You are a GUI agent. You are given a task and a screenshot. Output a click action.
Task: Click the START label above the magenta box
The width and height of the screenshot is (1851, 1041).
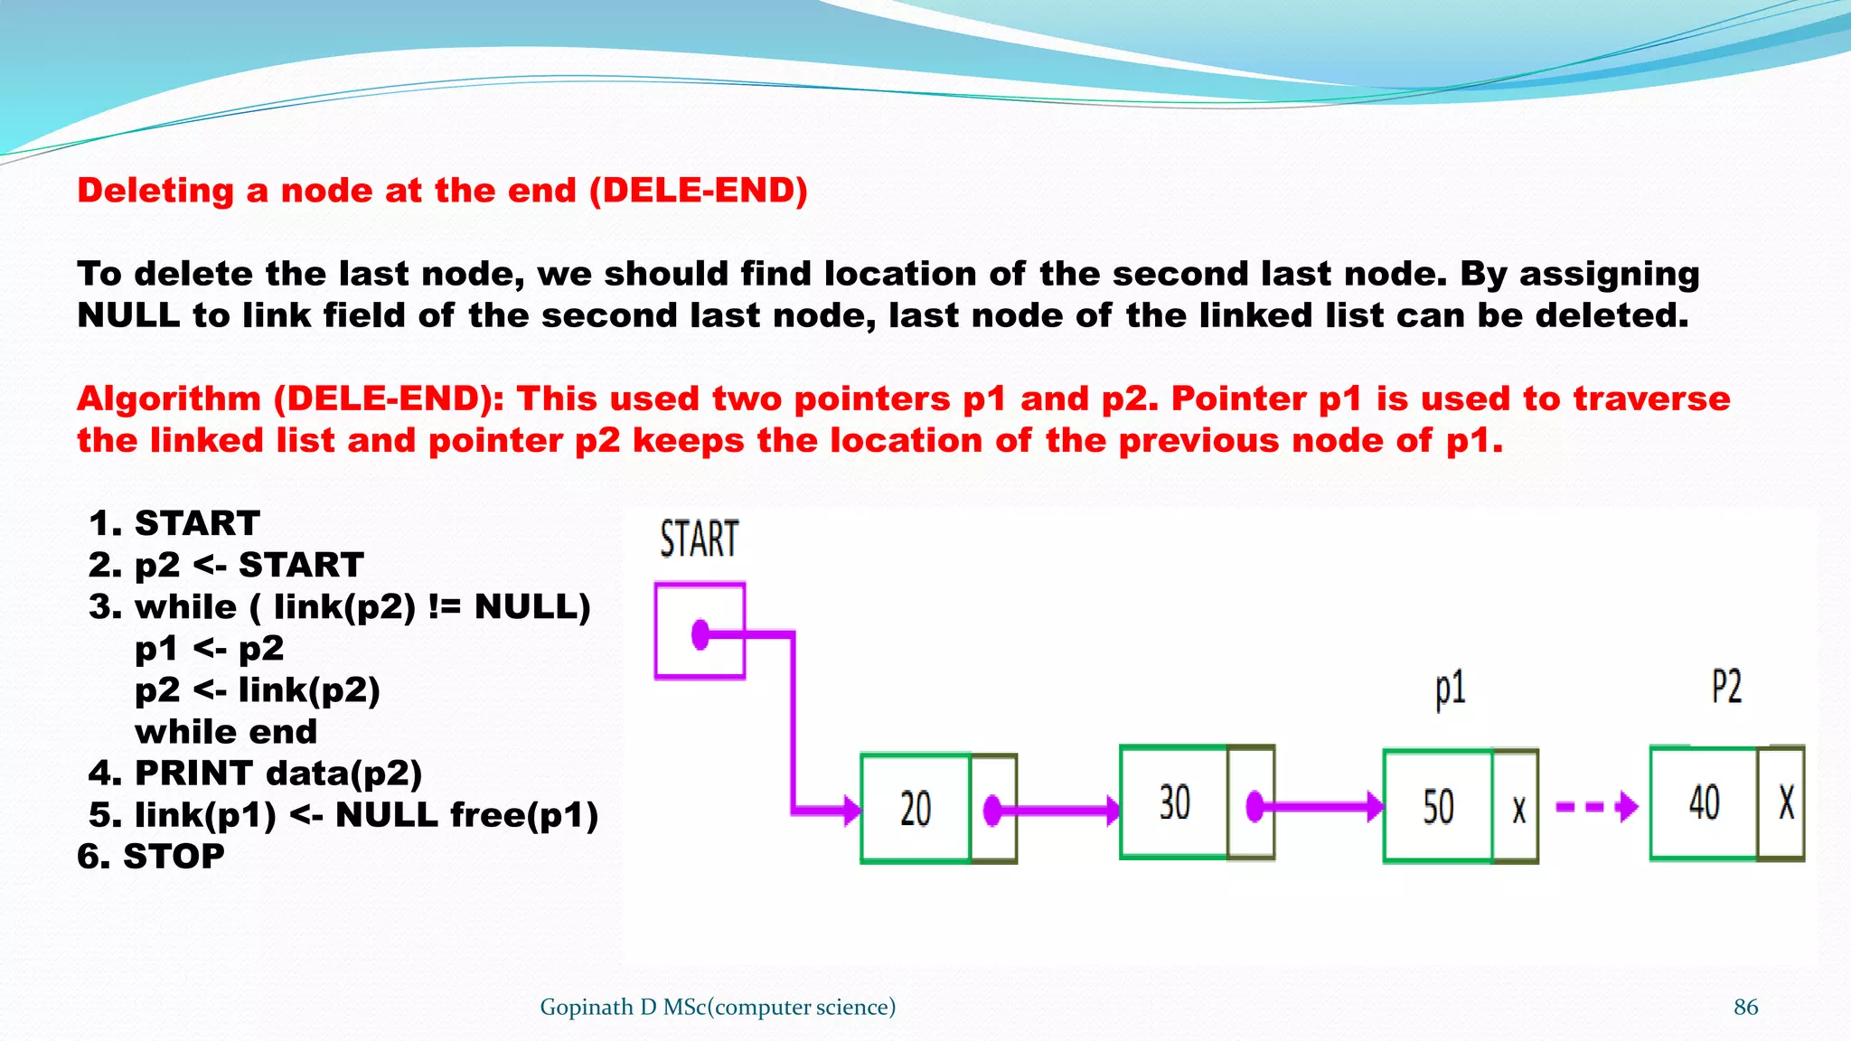tap(699, 539)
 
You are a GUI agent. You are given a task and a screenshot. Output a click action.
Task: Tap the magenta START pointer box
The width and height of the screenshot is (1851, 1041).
tap(700, 631)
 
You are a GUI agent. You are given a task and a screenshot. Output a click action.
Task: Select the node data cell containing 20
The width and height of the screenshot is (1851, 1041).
tap(916, 808)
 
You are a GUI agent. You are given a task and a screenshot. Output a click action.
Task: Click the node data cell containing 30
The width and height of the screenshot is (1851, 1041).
tap(1174, 802)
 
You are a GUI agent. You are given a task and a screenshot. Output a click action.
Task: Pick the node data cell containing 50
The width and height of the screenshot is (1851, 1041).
tap(1438, 806)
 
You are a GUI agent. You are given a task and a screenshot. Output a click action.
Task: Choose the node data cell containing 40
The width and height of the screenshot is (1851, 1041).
tap(1704, 802)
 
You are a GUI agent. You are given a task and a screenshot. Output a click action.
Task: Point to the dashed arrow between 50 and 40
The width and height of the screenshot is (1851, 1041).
tap(1596, 806)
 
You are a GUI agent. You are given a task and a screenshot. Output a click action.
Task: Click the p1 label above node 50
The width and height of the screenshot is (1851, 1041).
tap(1450, 689)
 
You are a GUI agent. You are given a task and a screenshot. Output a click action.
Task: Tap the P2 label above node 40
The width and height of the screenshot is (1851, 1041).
tap(1726, 687)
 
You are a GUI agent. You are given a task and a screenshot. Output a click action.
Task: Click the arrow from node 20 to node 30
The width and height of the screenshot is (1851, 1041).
tap(1057, 810)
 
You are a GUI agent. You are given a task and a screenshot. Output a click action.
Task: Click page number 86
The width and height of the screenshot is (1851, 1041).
tap(1745, 1007)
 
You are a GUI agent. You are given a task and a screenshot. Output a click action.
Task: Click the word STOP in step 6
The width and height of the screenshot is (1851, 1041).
tap(174, 856)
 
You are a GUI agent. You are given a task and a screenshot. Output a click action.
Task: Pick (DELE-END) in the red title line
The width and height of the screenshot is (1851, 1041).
tap(699, 191)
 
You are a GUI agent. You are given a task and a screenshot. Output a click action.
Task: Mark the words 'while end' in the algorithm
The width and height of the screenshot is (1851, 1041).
tap(226, 731)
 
